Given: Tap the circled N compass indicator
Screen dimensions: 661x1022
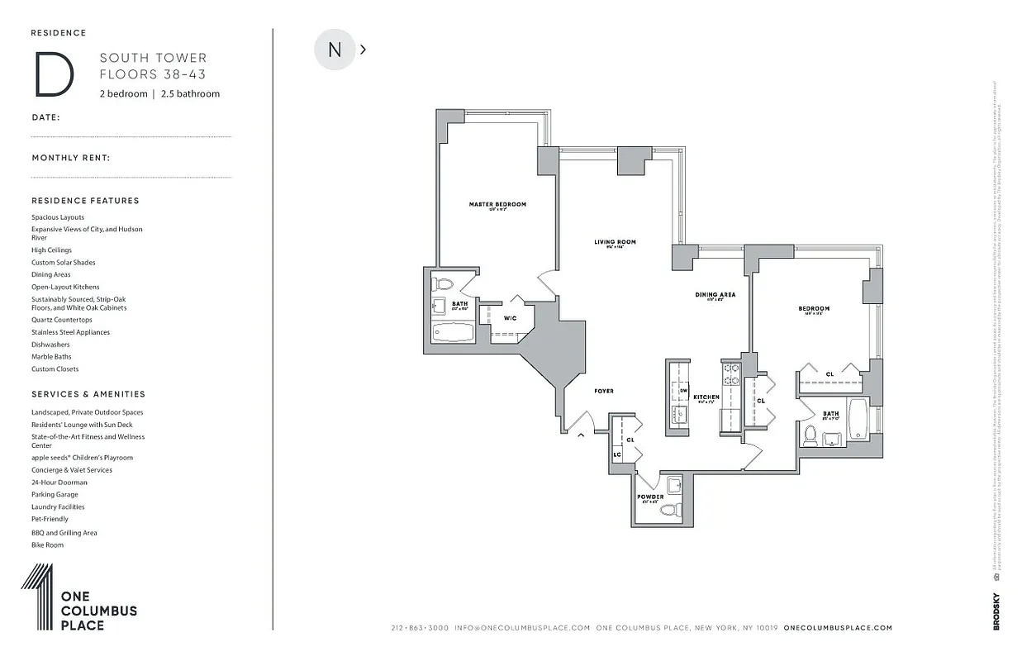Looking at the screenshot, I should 335,50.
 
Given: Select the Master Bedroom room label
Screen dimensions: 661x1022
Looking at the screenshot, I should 497,205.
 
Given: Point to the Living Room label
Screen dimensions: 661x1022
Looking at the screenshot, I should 615,242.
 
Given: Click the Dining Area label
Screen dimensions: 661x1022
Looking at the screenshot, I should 715,295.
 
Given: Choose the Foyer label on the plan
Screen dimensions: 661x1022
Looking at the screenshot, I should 604,391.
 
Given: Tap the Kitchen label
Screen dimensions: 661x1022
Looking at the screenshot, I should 706,397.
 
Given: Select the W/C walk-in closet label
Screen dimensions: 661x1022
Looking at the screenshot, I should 511,317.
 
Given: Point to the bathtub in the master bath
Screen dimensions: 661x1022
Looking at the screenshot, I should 453,332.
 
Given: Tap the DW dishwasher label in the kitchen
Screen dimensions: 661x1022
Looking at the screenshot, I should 684,390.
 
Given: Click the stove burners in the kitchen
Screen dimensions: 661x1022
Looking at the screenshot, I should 731,374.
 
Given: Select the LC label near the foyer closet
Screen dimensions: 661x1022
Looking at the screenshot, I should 616,455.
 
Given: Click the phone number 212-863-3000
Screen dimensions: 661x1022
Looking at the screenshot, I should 420,628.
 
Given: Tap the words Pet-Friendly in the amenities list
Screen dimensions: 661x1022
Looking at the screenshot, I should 50,519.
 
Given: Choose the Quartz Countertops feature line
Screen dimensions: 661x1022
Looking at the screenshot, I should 62,320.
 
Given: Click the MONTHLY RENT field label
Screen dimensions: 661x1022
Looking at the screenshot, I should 71,158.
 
